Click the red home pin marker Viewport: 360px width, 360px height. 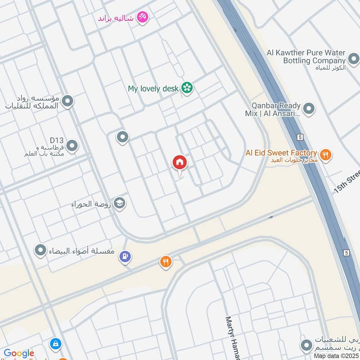tap(180, 163)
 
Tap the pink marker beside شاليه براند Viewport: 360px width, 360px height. tap(143, 17)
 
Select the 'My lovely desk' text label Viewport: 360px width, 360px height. tap(153, 89)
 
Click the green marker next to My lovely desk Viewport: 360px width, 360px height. tap(187, 88)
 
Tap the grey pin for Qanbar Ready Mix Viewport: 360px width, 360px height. tap(309, 108)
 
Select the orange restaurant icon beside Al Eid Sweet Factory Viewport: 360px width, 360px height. tap(326, 155)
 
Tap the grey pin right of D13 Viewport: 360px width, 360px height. tap(72, 146)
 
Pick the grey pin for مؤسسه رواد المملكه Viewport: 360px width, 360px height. tap(68, 101)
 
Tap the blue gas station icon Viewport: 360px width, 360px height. tap(125, 257)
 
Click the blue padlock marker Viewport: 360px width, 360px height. tap(56, 344)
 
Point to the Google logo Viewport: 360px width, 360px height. tap(19, 353)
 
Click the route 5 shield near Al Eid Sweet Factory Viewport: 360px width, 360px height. tap(300, 137)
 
